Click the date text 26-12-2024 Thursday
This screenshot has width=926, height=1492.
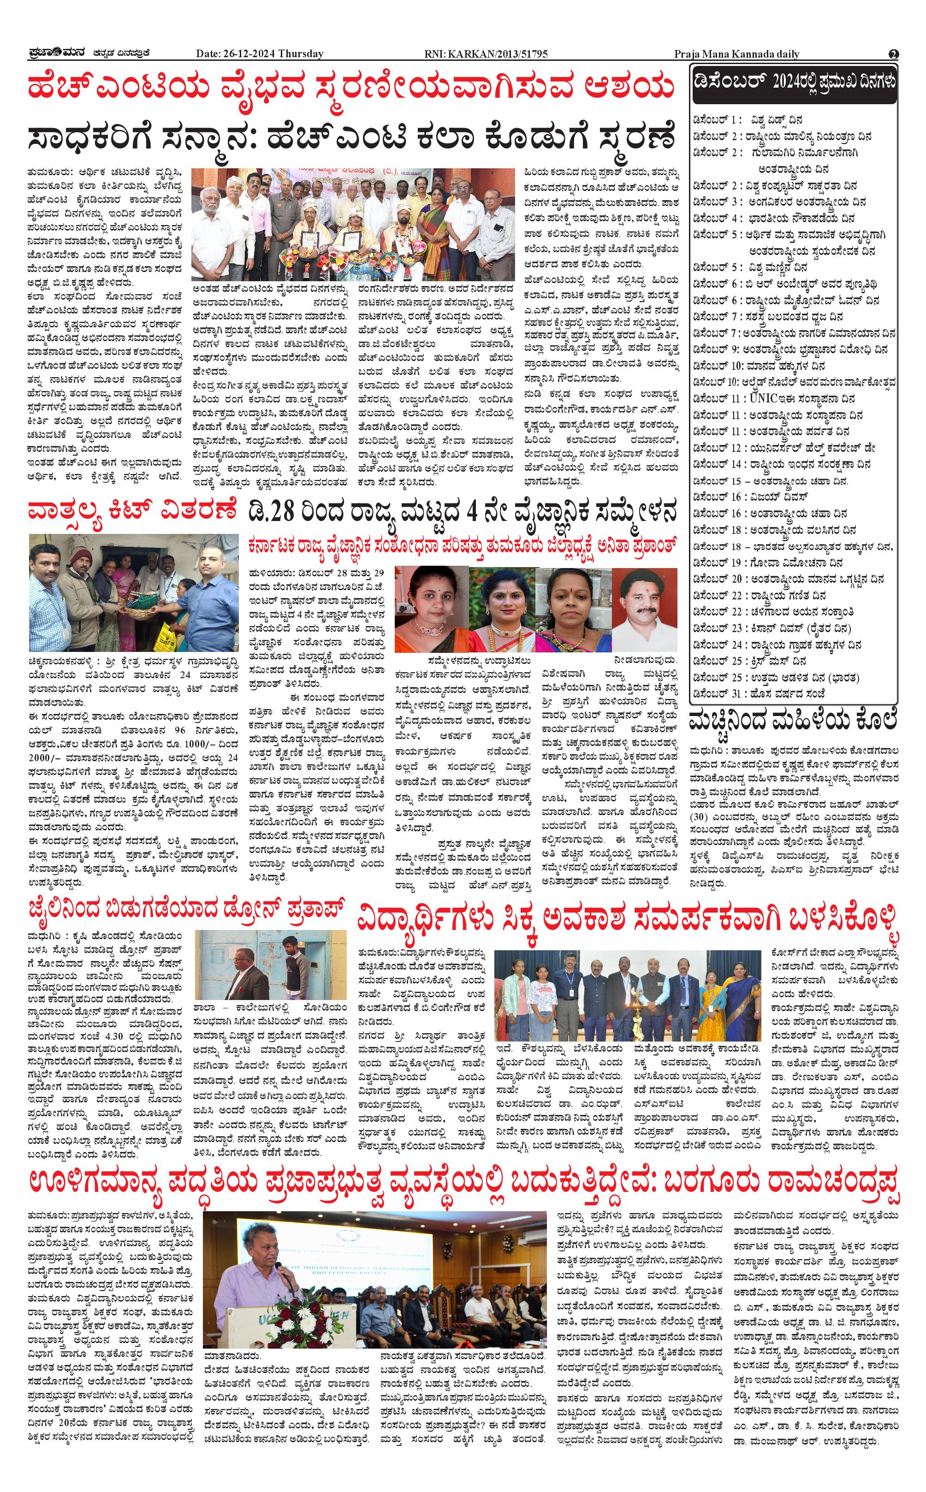[x=260, y=54]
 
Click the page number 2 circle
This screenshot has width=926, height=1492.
[x=894, y=54]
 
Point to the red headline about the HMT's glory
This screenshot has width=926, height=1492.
[x=351, y=88]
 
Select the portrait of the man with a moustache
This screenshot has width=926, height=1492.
[x=644, y=609]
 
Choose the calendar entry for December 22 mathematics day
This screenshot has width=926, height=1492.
[x=760, y=595]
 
